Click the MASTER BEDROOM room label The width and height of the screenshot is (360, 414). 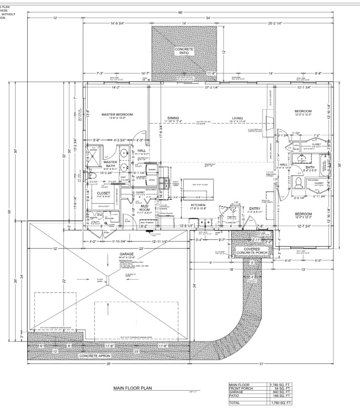(x=117, y=115)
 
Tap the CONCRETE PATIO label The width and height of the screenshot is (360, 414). (x=184, y=52)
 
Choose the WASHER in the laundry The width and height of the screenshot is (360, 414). (x=152, y=170)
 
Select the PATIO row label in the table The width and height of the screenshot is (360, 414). (x=235, y=397)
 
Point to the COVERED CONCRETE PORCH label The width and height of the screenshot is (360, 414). (x=252, y=251)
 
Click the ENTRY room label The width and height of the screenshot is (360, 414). (x=254, y=208)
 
